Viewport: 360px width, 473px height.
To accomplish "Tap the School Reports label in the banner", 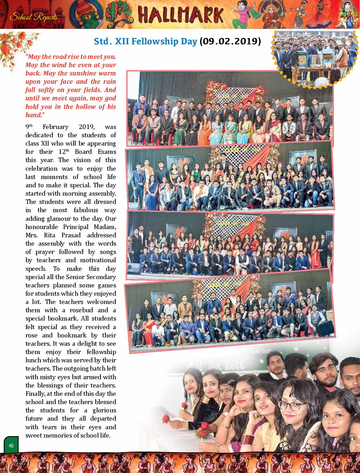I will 34,17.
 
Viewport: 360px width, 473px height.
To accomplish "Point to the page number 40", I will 11,446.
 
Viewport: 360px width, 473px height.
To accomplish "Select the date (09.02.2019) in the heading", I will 230,41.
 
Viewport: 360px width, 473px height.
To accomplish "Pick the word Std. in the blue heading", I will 102,41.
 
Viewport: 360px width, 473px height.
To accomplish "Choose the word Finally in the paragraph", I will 35,394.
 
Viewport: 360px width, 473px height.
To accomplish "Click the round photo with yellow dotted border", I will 314,58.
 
